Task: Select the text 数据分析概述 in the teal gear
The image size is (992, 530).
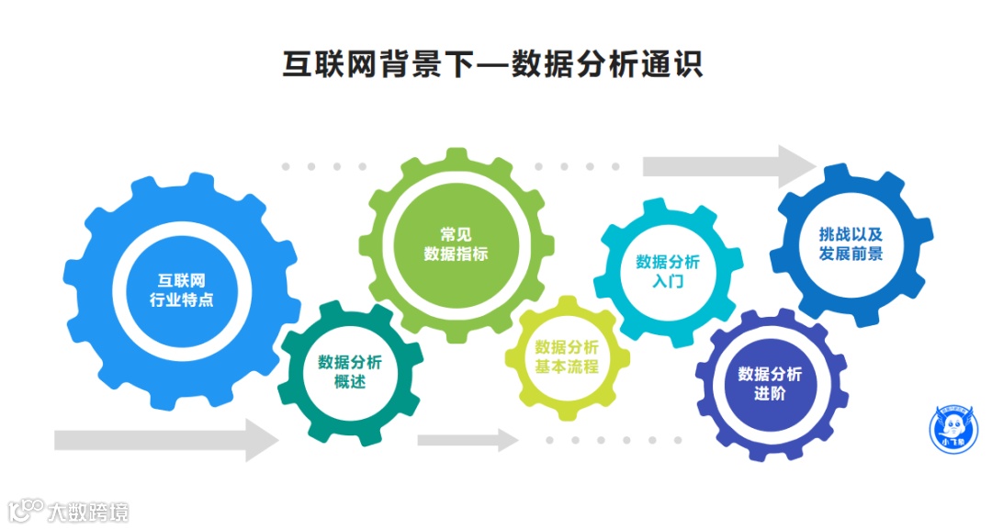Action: click(x=350, y=370)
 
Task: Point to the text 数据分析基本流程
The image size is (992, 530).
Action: click(x=567, y=356)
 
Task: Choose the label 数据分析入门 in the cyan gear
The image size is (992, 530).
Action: click(x=668, y=271)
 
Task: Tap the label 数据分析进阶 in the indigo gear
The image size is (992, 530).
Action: click(x=770, y=384)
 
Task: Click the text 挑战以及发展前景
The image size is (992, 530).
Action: click(x=851, y=242)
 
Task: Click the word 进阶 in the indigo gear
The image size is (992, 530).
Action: click(x=770, y=394)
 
